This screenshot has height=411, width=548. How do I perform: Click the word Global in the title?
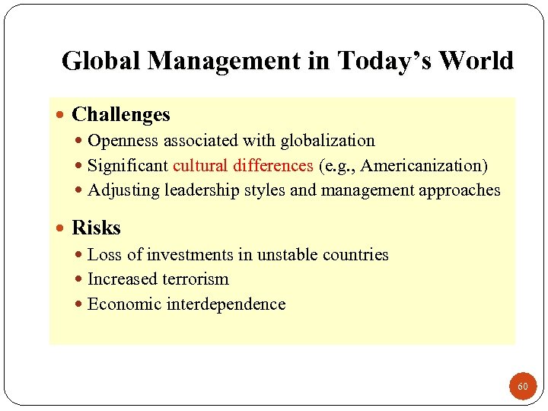click(101, 61)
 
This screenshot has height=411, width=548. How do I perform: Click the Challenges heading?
click(121, 115)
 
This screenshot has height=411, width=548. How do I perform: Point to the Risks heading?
click(96, 228)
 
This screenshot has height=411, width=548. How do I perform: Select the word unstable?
click(285, 255)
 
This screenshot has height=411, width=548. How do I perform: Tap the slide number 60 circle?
click(522, 387)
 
